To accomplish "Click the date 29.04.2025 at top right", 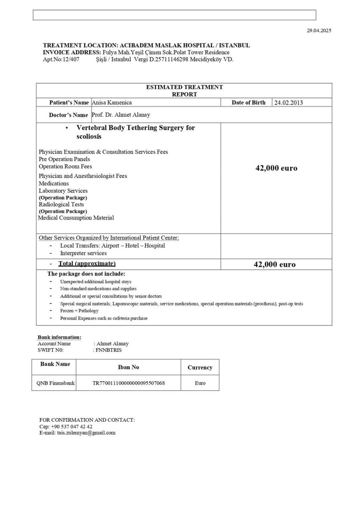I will tap(318, 30).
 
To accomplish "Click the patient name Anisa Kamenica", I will tap(112, 102).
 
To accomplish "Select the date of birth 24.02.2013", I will tap(288, 103).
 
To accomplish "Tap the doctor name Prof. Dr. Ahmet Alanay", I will tap(121, 115).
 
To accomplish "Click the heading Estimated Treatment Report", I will tap(184, 90).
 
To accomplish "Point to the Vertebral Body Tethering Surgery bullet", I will tap(135, 132).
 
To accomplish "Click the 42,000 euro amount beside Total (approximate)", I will tap(275, 264).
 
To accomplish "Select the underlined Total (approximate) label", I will tap(87, 264).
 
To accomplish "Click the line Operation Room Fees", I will tap(65, 166).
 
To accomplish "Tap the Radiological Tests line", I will tap(61, 204).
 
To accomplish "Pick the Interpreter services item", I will tap(83, 253).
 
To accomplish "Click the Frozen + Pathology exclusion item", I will tap(79, 310).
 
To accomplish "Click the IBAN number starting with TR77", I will tap(128, 383).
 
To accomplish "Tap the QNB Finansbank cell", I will tap(55, 383).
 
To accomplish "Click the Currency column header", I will tap(200, 367).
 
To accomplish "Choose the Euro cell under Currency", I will tap(200, 383).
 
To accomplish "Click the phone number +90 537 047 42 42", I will tap(72, 426).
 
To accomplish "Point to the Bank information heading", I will tap(59, 337).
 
